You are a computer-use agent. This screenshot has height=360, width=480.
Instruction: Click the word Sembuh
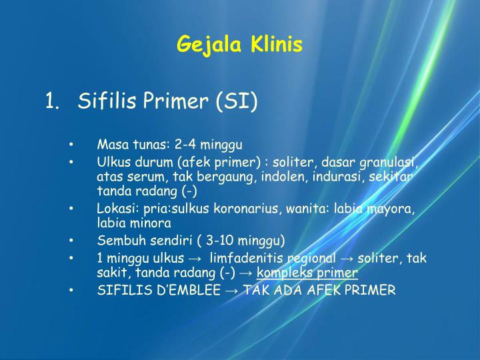click(118, 241)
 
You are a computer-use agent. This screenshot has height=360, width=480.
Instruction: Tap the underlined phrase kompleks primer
click(307, 273)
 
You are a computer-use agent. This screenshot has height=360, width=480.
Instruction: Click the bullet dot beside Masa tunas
click(71, 145)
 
